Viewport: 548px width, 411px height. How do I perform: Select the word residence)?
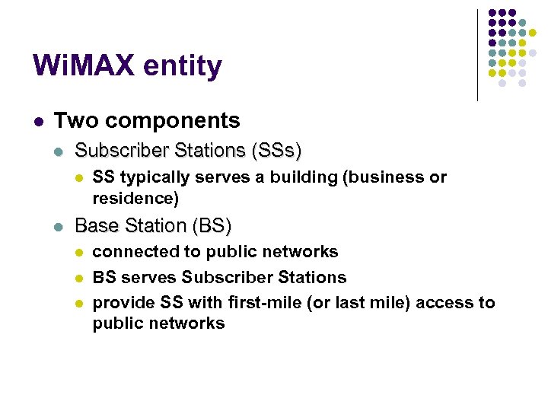(135, 199)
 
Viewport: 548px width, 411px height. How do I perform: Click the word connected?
(132, 252)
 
